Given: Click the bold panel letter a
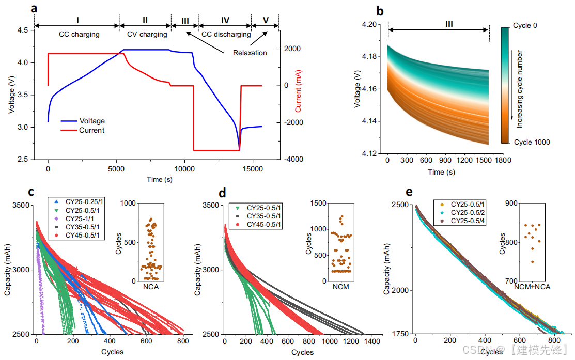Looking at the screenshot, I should point(34,9).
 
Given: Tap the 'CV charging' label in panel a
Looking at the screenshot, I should point(147,35).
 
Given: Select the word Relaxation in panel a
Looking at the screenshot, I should point(250,53).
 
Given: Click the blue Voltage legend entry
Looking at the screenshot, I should point(91,121).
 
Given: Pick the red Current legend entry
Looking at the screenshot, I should point(91,130).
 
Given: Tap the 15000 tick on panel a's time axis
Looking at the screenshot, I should point(253,169).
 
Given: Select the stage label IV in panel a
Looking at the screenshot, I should point(225,20).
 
